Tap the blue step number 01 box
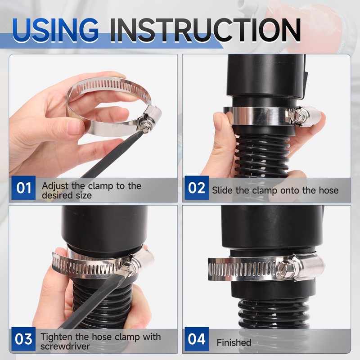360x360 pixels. pyautogui.click(x=24, y=188)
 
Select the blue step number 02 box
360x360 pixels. pyautogui.click(x=197, y=188)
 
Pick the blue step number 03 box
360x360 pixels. pyautogui.click(x=24, y=339)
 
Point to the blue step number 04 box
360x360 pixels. pyautogui.click(x=197, y=339)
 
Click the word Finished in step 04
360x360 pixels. pyautogui.click(x=234, y=342)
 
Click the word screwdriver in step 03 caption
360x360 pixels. pyautogui.click(x=65, y=346)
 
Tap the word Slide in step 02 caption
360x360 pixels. pyautogui.click(x=222, y=190)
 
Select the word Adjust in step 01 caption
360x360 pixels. pyautogui.click(x=55, y=186)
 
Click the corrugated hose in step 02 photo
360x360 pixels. pyautogui.click(x=262, y=156)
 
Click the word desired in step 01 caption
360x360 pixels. pyautogui.click(x=55, y=195)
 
